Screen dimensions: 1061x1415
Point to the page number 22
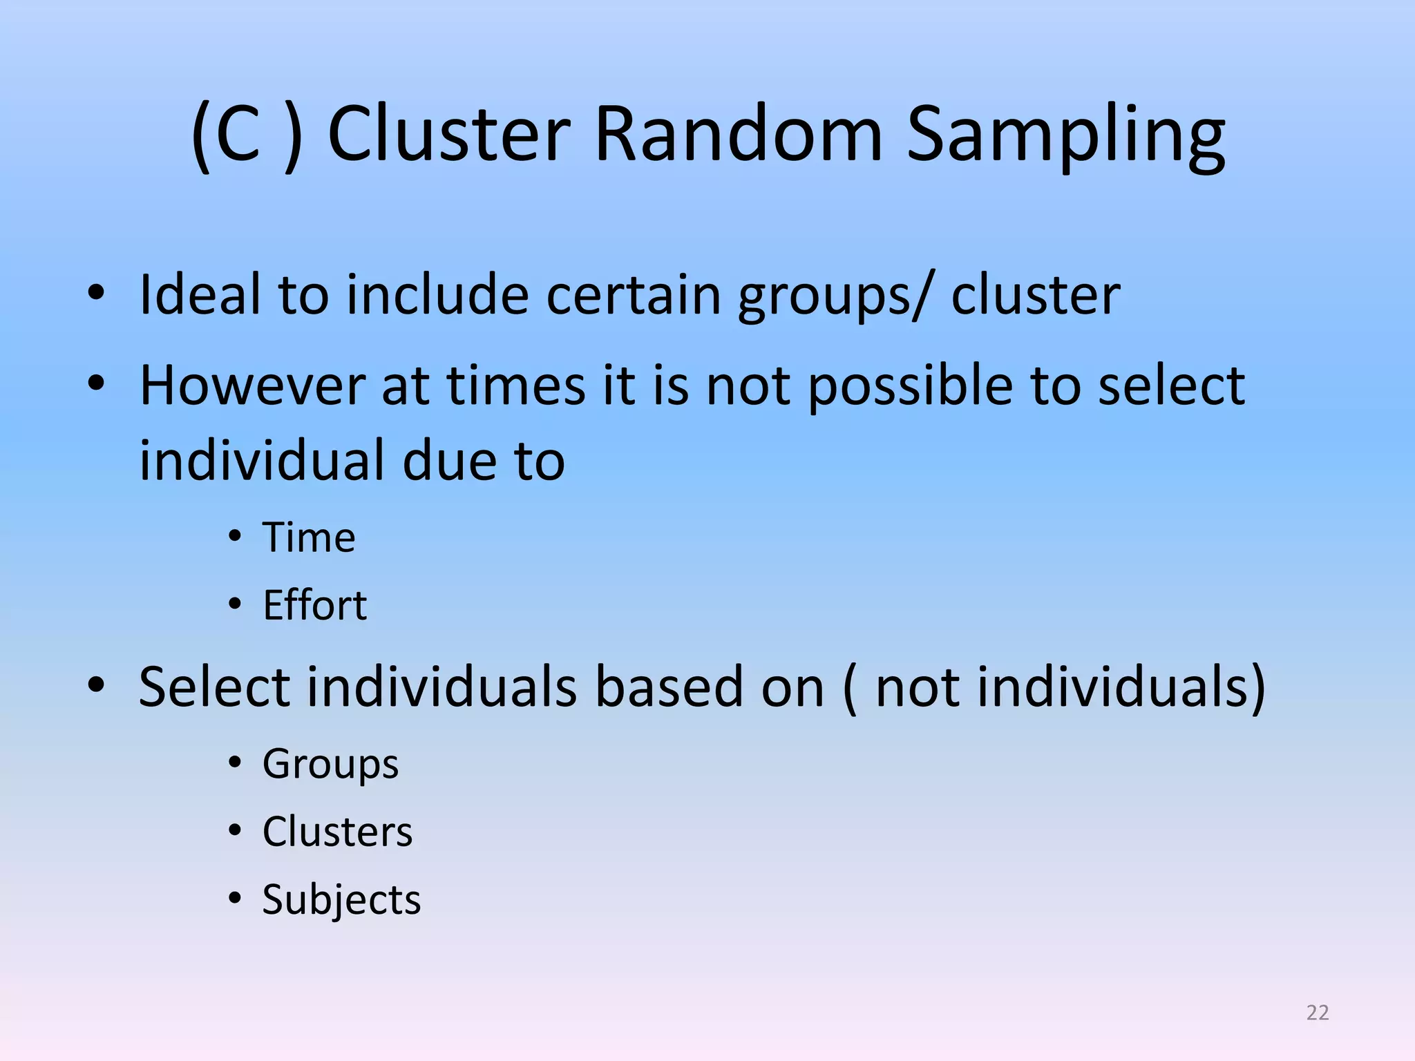pos(1318,1013)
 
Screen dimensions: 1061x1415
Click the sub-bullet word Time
pos(308,537)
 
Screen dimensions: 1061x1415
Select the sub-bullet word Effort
pos(314,605)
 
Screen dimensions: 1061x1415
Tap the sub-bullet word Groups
pos(330,764)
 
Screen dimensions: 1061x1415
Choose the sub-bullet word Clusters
pos(337,832)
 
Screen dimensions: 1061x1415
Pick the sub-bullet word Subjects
pos(341,899)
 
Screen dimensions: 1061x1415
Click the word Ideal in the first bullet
pos(200,295)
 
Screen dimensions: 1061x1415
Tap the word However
pos(251,385)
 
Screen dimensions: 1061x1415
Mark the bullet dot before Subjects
pos(235,898)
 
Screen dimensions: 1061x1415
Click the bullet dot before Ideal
pos(96,294)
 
